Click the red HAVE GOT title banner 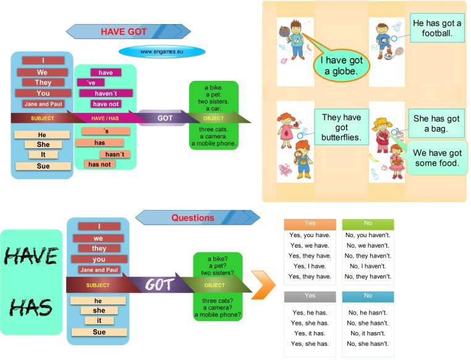click(x=129, y=31)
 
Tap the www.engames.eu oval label click(x=162, y=52)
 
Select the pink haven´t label click(x=106, y=93)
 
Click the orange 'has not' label click(x=100, y=164)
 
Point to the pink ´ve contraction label click(x=91, y=83)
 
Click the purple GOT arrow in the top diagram click(x=165, y=118)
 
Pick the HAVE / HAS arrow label click(x=105, y=118)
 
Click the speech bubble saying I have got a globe click(x=342, y=65)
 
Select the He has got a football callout click(x=437, y=28)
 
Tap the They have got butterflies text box click(x=342, y=127)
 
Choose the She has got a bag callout click(x=436, y=123)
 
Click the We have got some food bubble click(x=437, y=158)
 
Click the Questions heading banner click(x=197, y=217)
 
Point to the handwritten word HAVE click(x=32, y=256)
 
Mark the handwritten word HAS click(x=31, y=308)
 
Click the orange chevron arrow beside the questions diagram click(x=263, y=285)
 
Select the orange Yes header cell click(x=310, y=224)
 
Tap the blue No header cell click(x=368, y=296)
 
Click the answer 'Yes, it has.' click(x=310, y=333)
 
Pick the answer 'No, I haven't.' click(x=368, y=266)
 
